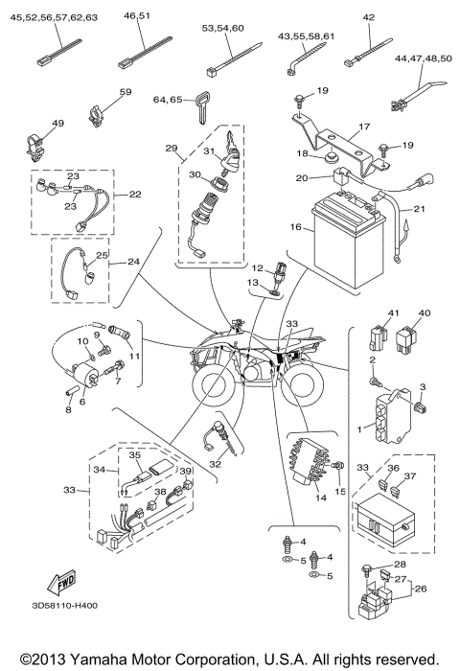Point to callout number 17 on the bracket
[364, 126]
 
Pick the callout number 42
[368, 16]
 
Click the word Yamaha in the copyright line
[96, 659]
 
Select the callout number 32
[216, 464]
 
